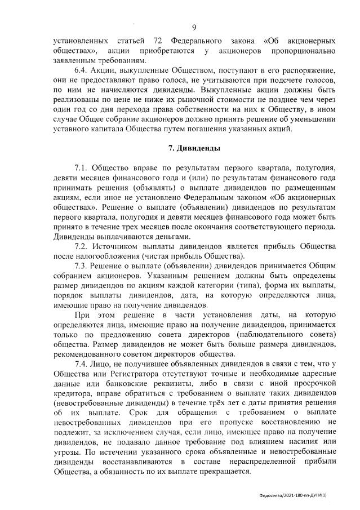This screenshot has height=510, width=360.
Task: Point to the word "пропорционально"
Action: [x=304, y=51]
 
